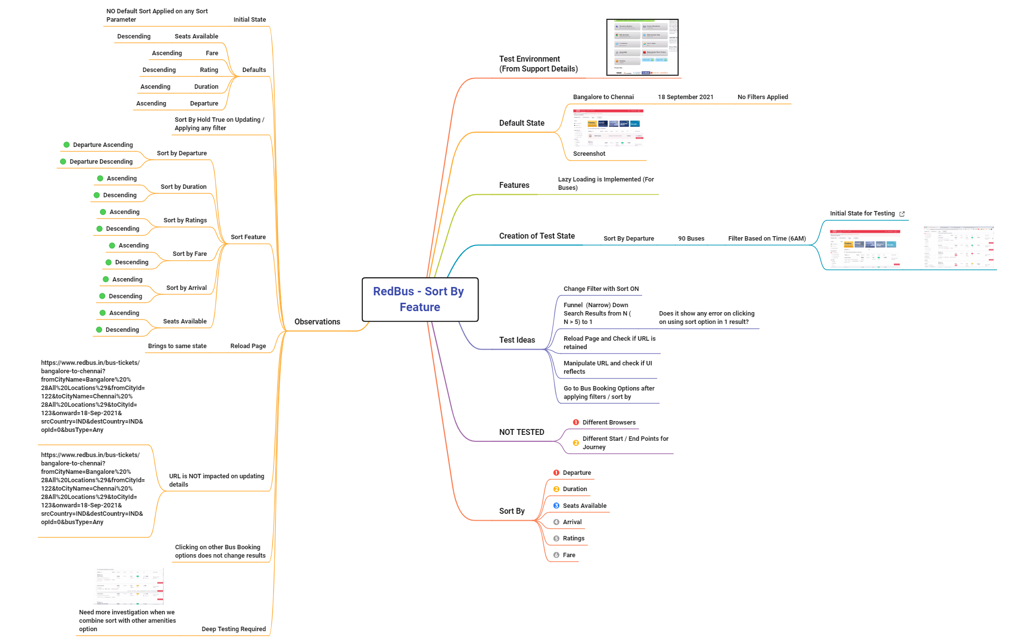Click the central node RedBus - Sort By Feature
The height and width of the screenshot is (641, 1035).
(x=419, y=299)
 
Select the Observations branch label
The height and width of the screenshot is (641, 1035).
(x=317, y=322)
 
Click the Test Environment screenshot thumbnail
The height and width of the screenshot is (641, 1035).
(x=642, y=47)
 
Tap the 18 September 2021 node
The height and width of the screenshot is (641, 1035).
(x=685, y=97)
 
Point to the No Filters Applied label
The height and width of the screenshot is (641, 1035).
(x=762, y=97)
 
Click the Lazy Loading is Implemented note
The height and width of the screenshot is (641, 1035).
(x=605, y=183)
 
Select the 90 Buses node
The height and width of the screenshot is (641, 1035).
(x=691, y=239)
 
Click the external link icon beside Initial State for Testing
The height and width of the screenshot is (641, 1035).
(x=902, y=214)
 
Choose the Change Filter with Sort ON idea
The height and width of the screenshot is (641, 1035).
(x=601, y=289)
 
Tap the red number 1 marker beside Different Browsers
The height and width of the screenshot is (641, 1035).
(x=576, y=423)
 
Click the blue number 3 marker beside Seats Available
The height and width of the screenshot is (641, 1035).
(x=556, y=506)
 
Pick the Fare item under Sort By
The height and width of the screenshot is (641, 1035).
(x=569, y=555)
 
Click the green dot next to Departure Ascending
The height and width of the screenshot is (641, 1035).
(x=66, y=145)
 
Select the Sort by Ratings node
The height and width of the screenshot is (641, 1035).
(x=185, y=220)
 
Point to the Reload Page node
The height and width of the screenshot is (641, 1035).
(x=248, y=346)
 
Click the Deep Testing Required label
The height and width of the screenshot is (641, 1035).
(x=234, y=629)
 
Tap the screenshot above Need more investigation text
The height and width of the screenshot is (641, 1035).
(x=129, y=586)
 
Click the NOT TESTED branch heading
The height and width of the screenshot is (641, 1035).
(x=521, y=432)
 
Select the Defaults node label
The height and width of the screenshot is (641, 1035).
(x=254, y=70)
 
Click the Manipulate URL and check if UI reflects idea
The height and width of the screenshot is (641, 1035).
(x=607, y=367)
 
